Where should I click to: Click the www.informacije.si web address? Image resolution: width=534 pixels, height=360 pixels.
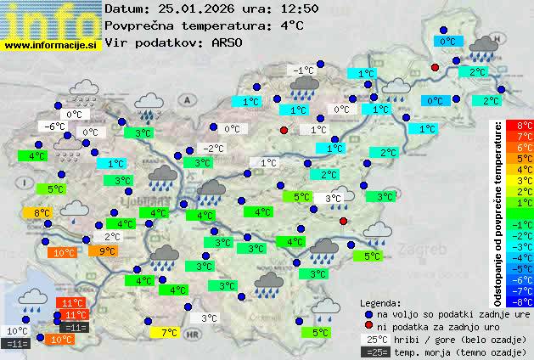coord(52,44)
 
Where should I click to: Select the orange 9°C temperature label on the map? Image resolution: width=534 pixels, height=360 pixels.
coord(107,250)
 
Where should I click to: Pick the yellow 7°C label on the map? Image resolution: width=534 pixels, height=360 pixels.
coord(168,332)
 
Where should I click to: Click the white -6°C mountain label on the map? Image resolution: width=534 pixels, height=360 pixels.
coord(55,126)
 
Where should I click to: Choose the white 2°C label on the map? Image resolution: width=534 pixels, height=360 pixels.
coord(111,237)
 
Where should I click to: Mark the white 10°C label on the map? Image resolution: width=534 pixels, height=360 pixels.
coord(17,330)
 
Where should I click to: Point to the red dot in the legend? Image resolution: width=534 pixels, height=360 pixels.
coord(368,326)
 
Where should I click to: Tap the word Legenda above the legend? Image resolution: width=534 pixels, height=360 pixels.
coord(381,302)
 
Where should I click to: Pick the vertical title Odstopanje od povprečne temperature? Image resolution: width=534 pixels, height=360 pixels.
coord(497,212)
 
